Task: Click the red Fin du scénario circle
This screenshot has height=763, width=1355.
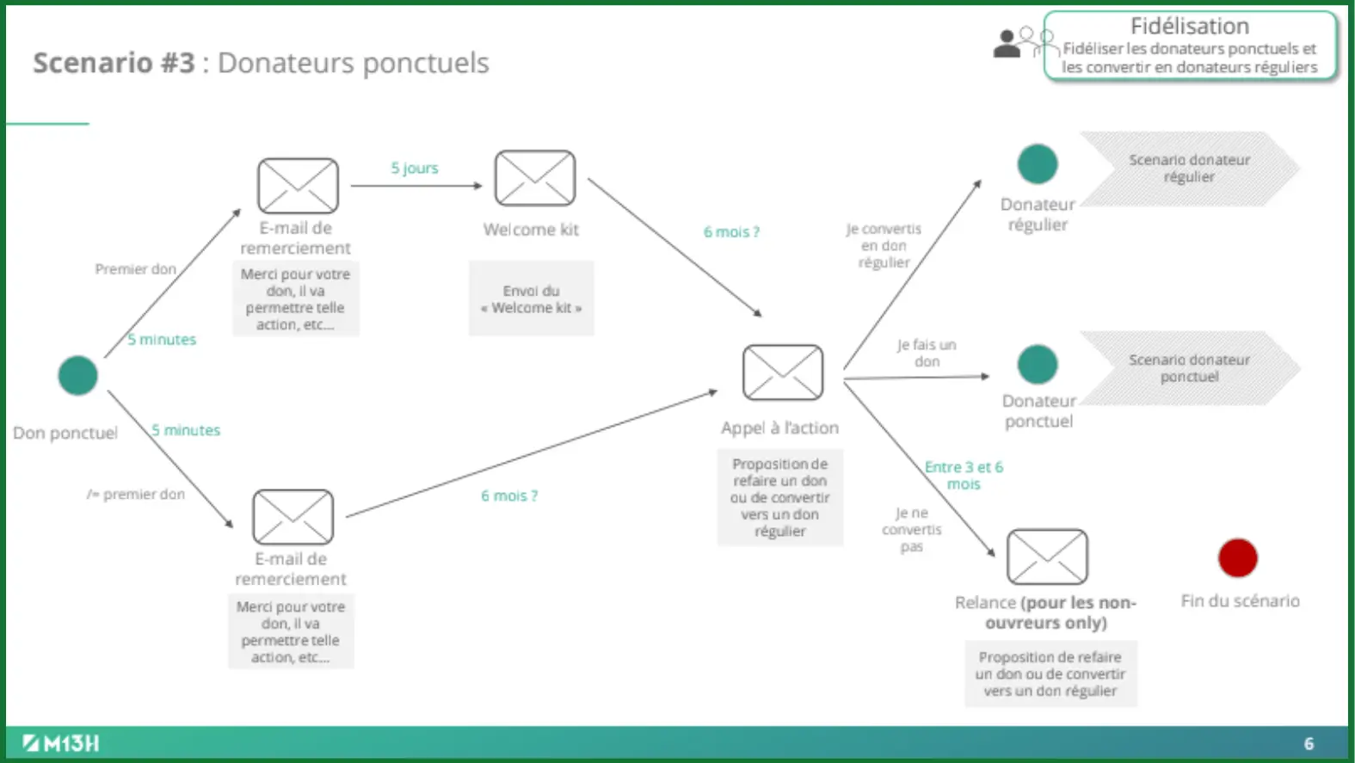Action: coord(1237,558)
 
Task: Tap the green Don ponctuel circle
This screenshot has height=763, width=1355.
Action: coord(77,375)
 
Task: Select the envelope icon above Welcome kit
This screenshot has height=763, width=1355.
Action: coord(534,178)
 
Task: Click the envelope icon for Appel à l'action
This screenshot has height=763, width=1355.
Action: coord(782,372)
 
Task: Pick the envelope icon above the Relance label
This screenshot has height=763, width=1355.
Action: coord(1047,557)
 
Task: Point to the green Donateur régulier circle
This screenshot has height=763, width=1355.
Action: coord(1037,164)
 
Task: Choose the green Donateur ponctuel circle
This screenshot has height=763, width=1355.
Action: coord(1037,365)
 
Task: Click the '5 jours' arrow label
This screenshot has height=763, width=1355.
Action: coord(415,168)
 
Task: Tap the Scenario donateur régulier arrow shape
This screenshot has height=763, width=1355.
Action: coord(1189,169)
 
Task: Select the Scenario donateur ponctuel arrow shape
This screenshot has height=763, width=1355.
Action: coord(1189,368)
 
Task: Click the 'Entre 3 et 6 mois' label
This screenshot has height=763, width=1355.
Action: coord(964,476)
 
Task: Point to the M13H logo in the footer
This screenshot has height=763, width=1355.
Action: coord(61,743)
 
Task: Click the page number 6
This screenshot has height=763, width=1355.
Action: coord(1309,744)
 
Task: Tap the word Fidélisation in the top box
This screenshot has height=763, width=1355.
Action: coord(1189,27)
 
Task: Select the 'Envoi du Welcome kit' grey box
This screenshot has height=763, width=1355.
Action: coord(531,298)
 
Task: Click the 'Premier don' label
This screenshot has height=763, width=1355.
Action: coord(135,269)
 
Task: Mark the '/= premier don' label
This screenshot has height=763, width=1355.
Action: coord(136,495)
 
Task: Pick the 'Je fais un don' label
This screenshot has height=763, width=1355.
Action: coord(927,353)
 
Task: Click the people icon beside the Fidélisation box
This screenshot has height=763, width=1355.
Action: coord(1021,42)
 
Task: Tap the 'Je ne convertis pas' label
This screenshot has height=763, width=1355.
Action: coord(911,530)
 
